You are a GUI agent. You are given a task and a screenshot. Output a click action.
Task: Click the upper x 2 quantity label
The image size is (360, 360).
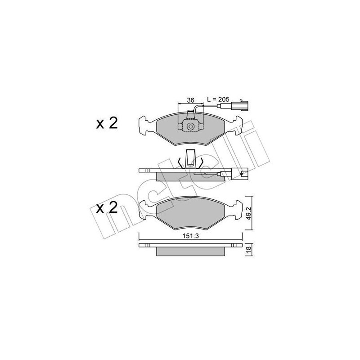tap(107, 123)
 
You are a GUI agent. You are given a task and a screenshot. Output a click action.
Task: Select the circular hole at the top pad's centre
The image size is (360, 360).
tap(191, 127)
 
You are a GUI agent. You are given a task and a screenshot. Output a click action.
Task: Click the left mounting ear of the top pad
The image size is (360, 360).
tap(147, 123)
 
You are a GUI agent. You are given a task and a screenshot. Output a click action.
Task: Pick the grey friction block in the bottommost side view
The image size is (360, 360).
tap(191, 251)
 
